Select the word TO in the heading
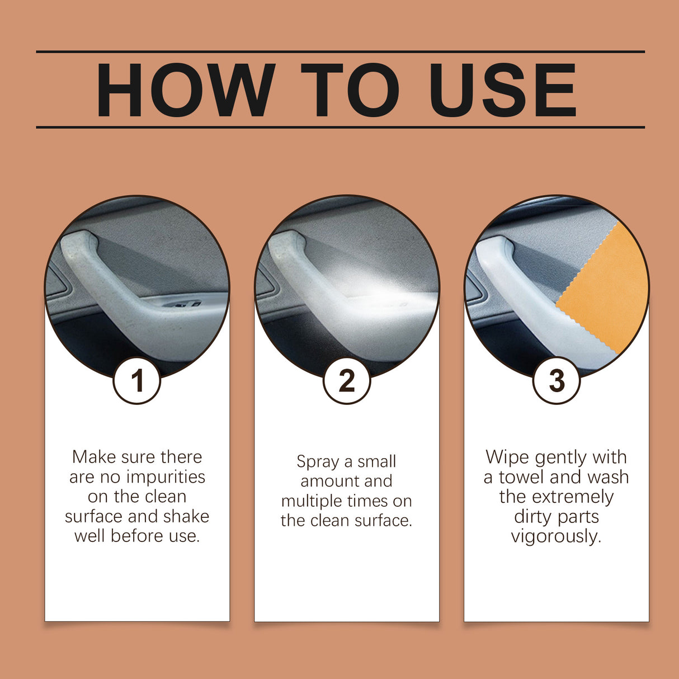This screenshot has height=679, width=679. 350,91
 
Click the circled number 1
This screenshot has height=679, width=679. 137,381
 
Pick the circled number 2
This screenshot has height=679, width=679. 347,381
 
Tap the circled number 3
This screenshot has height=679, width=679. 557,381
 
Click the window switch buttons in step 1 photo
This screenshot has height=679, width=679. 182,304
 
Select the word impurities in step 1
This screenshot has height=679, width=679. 166,477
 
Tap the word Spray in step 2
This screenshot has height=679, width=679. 317,462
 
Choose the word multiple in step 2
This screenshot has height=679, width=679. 311,501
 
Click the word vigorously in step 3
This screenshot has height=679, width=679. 556,536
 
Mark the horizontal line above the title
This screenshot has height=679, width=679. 340,51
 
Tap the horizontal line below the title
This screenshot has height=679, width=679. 340,127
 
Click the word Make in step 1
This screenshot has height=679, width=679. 94,457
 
